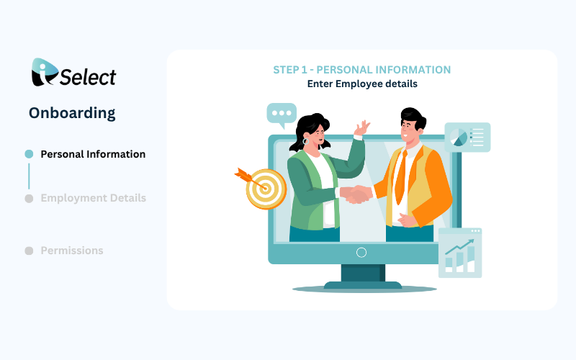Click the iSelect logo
(x=73, y=73)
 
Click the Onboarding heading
(x=72, y=113)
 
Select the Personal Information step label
(x=93, y=154)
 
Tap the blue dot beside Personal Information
(x=29, y=154)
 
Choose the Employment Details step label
(x=94, y=199)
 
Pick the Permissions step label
(x=72, y=251)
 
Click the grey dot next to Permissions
(x=29, y=251)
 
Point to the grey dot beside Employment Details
(x=29, y=199)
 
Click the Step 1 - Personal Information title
(x=362, y=70)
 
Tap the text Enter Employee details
(x=362, y=84)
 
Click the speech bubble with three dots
(x=282, y=115)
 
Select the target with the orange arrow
(x=261, y=188)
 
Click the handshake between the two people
(x=356, y=194)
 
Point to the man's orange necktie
(x=401, y=177)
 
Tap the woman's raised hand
(x=362, y=128)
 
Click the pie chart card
(x=467, y=138)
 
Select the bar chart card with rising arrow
(x=460, y=253)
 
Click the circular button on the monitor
(x=361, y=253)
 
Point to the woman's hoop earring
(x=305, y=141)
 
